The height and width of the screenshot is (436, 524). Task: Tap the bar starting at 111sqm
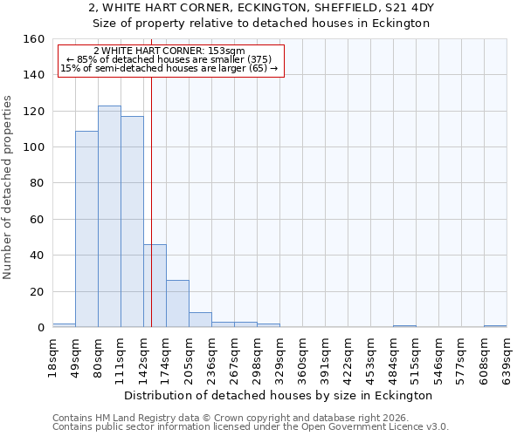[x=132, y=221]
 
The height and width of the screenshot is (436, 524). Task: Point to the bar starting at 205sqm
[x=200, y=319]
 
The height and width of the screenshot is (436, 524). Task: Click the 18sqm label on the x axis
[x=53, y=357]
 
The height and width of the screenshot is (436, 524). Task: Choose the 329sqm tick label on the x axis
[x=280, y=357]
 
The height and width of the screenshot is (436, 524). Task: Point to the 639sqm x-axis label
[x=507, y=357]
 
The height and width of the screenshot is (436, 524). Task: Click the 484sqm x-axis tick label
[x=394, y=357]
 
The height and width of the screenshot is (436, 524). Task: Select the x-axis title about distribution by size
[x=279, y=395]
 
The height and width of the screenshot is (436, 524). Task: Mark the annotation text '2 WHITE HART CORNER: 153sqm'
[x=169, y=51]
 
